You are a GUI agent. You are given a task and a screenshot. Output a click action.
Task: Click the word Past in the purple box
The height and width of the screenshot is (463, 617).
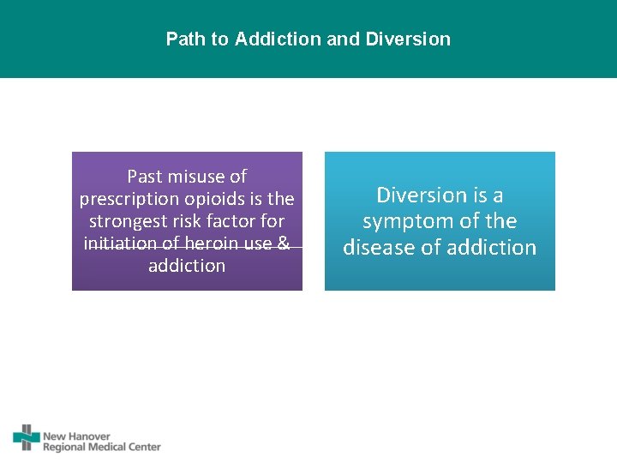(x=144, y=177)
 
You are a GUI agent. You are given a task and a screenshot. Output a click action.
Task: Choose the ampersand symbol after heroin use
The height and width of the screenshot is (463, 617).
(x=284, y=244)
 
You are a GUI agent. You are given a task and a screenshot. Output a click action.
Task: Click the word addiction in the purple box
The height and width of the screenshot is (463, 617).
(x=187, y=266)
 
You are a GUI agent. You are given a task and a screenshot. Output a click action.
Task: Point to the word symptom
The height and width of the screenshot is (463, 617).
(x=408, y=221)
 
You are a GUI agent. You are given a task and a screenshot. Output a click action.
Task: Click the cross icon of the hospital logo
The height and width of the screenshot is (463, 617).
(x=27, y=437)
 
